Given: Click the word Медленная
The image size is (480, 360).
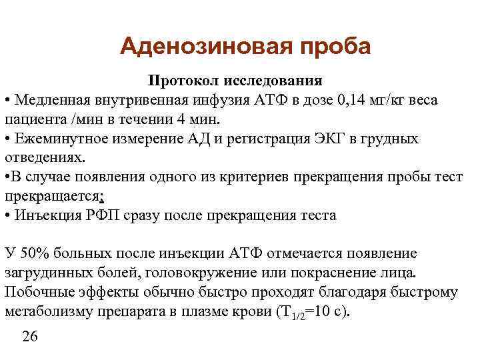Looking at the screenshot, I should (53, 100).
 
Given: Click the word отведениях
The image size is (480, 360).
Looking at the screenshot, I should (43, 158).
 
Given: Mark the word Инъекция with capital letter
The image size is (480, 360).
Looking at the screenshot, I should (46, 216).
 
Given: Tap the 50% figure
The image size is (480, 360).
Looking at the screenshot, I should (31, 255).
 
